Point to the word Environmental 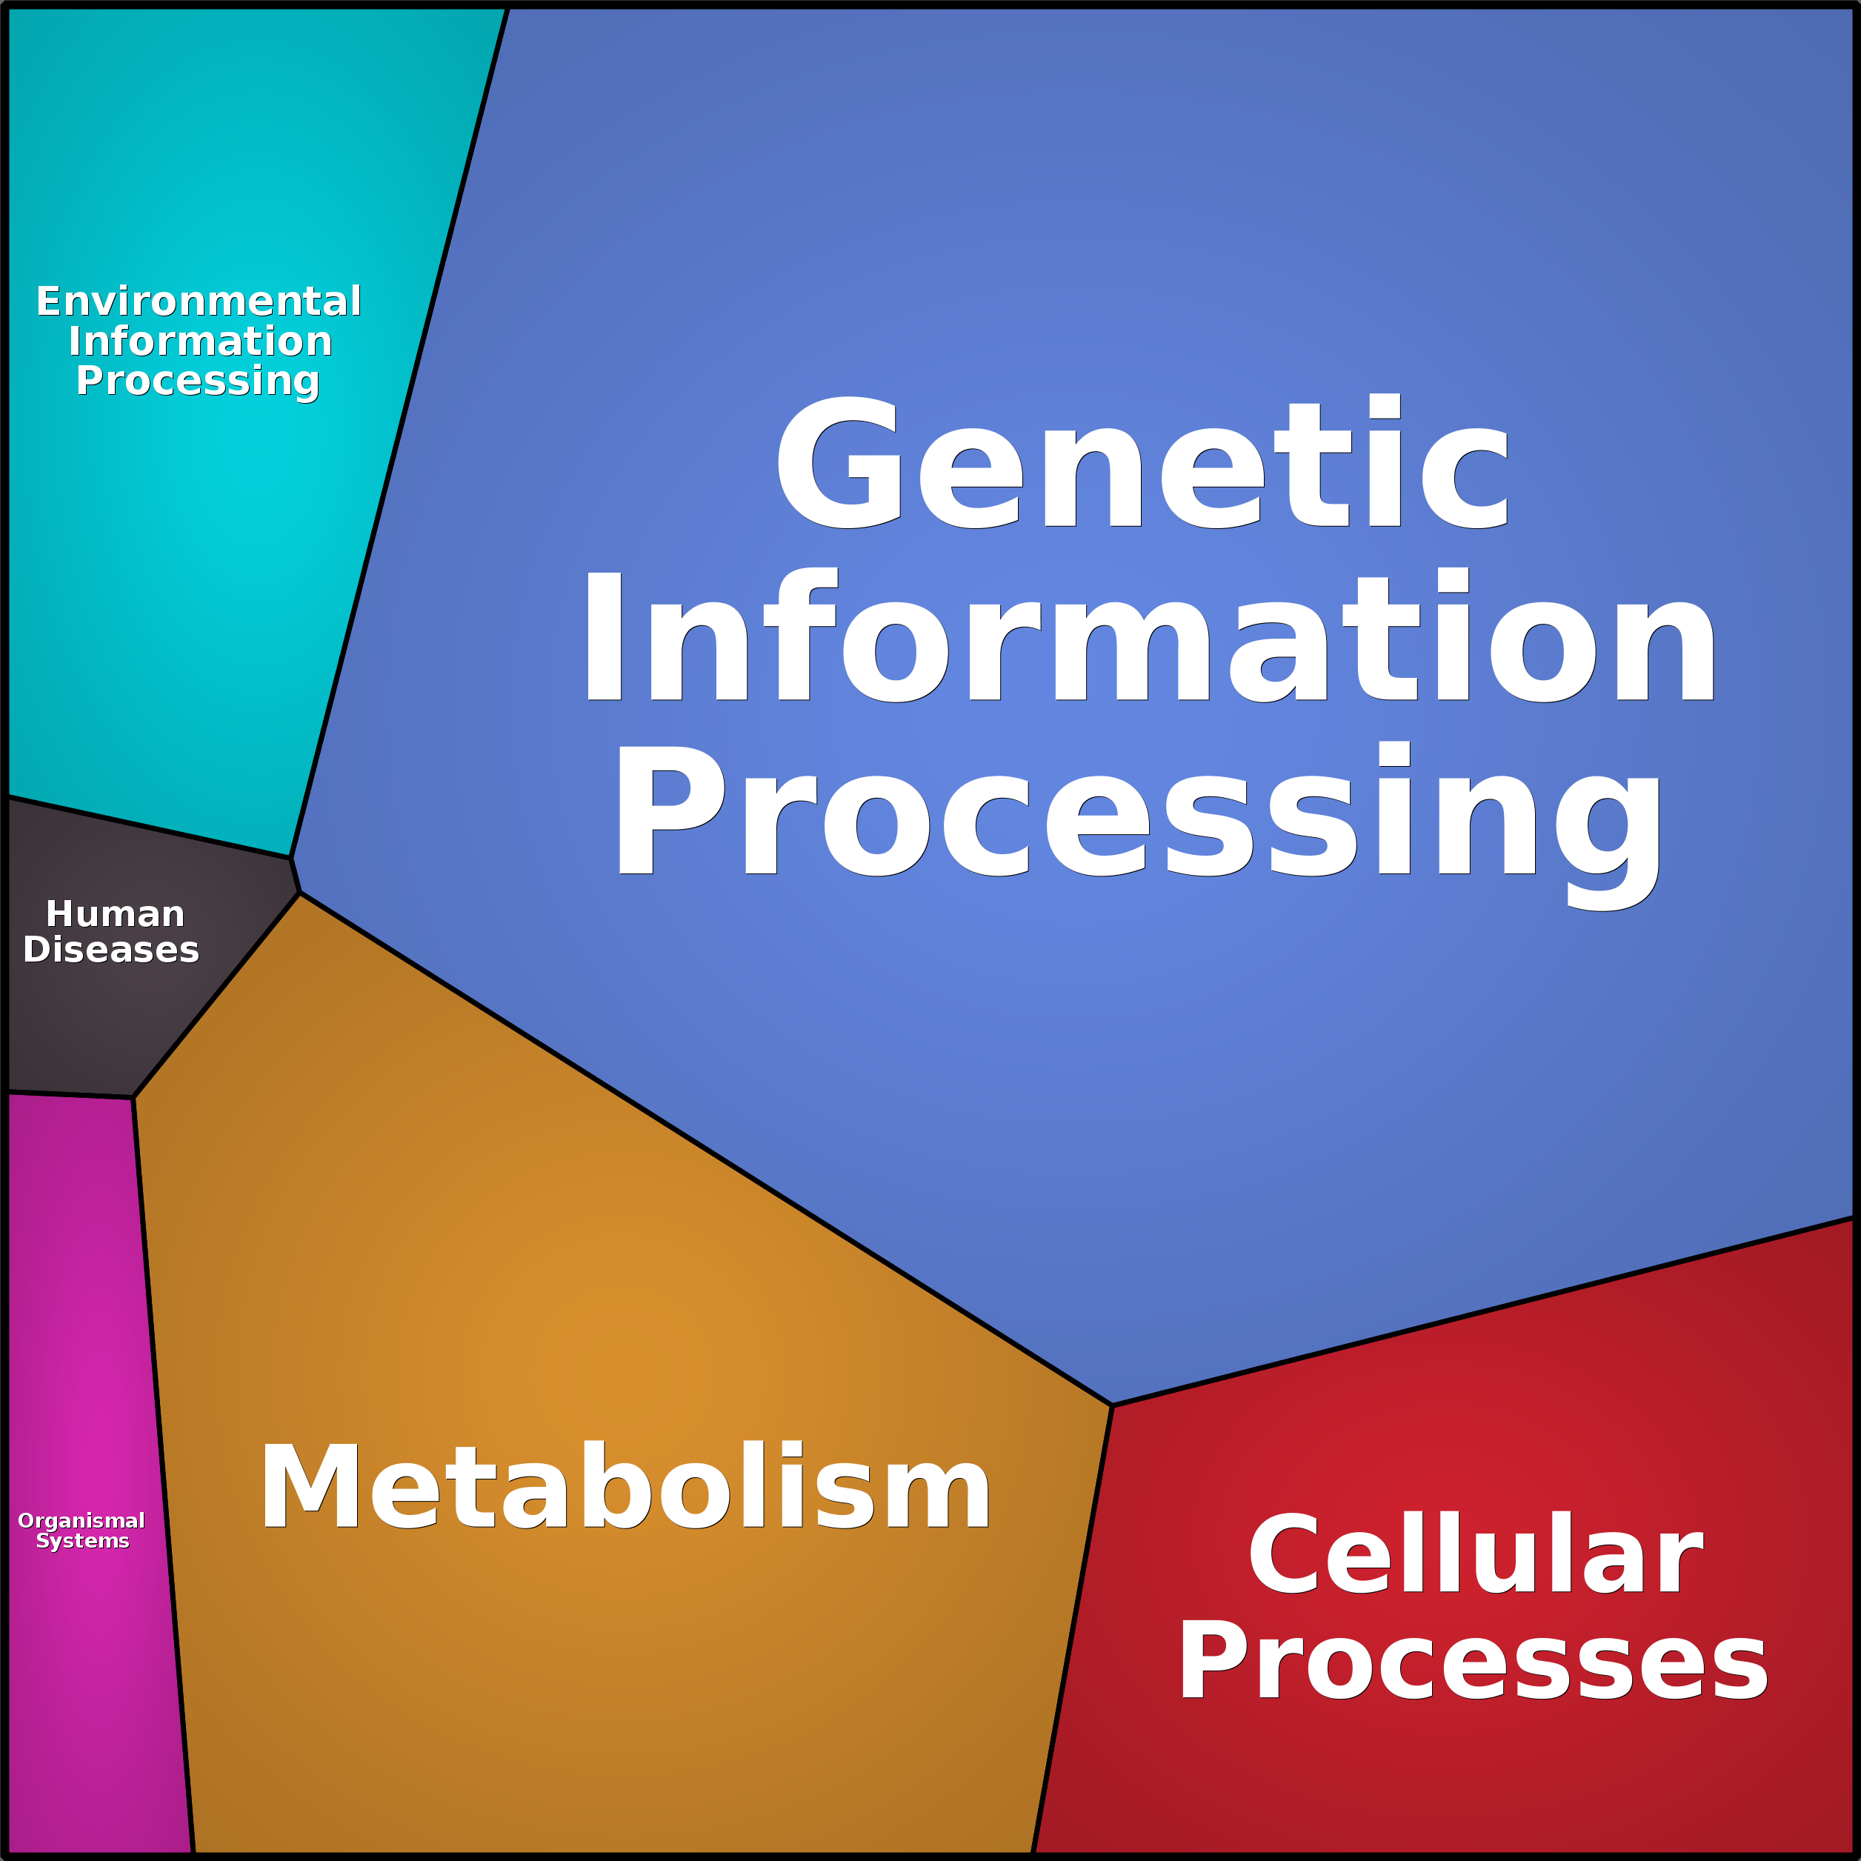tap(199, 302)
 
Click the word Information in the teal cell tap(200, 341)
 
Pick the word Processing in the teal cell tap(198, 382)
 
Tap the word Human tap(115, 913)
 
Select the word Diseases tap(111, 950)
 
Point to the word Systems tap(82, 1541)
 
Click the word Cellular tap(1475, 1555)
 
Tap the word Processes tap(1473, 1662)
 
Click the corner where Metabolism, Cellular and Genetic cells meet tap(1113, 1405)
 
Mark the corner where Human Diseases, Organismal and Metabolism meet tap(133, 1097)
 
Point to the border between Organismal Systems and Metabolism tap(164, 1474)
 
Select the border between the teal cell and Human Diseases tap(150, 827)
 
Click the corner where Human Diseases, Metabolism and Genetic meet tap(299, 893)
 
